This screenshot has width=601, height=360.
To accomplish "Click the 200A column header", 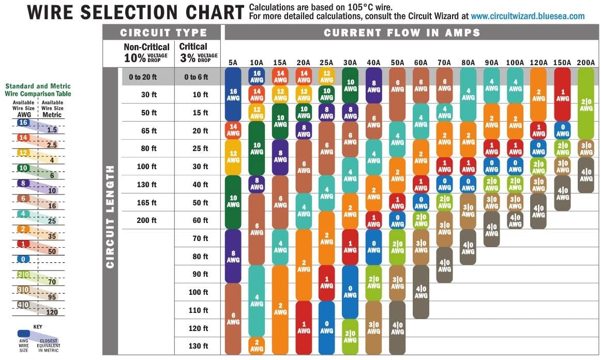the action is tap(585, 63).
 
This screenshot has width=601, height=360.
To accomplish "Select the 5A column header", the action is tap(233, 63).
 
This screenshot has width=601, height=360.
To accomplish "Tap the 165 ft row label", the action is tap(147, 202).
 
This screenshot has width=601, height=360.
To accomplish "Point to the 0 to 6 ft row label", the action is tap(196, 77).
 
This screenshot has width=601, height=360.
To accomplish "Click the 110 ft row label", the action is tap(199, 310).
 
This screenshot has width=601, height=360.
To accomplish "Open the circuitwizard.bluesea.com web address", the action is tap(528, 16).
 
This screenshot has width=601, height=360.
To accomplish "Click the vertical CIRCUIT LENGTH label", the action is tap(110, 217).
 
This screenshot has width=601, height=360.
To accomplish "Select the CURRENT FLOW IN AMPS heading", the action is tap(402, 33).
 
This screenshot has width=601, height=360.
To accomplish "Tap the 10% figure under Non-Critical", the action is tap(134, 58).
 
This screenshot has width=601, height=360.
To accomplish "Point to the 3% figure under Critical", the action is tap(188, 58).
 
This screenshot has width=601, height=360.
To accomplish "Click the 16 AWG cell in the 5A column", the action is tap(233, 95).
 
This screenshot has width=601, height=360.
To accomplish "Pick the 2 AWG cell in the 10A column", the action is tap(257, 346).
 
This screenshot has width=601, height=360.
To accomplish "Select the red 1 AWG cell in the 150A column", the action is tap(562, 95).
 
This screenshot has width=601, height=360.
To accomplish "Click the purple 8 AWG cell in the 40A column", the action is tap(374, 86).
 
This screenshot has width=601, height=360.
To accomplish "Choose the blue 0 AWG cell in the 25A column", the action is tap(326, 327).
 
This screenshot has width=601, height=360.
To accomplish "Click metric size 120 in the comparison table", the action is tap(52, 312).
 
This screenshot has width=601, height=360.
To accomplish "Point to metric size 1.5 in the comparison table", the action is tap(52, 130).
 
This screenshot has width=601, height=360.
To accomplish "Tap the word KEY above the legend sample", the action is tap(38, 327).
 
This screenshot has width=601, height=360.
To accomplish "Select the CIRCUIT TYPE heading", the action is tap(163, 33).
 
